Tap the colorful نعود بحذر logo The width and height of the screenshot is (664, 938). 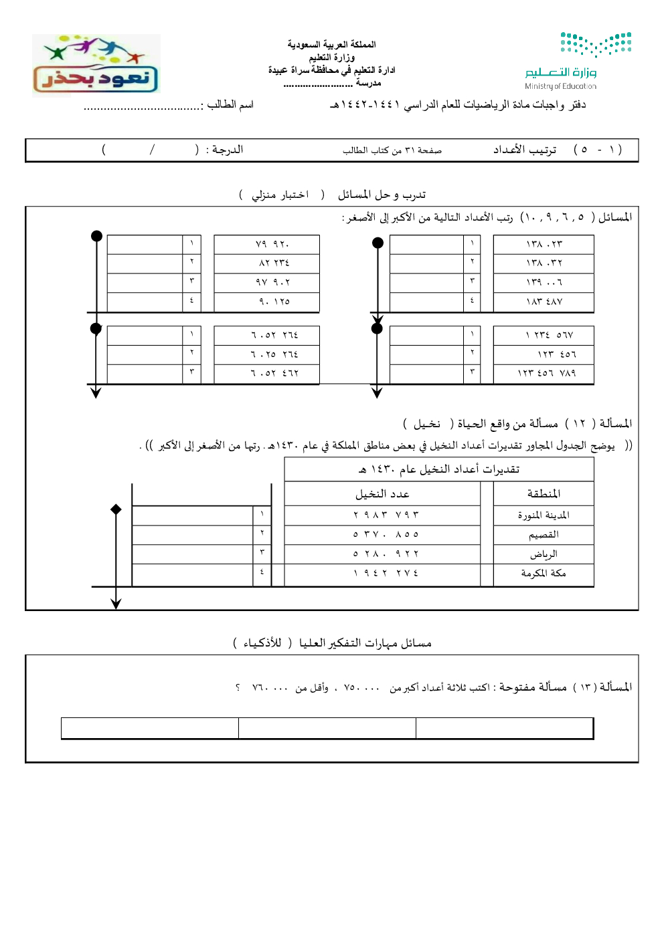coord(96,65)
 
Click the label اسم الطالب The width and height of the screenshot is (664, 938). coord(230,104)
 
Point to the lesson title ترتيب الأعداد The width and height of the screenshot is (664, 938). coord(525,150)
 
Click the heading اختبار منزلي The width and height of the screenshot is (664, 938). coord(280,195)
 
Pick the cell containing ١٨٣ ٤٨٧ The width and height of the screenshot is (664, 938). coord(544,302)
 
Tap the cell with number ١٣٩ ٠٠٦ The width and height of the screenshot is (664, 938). coord(544,283)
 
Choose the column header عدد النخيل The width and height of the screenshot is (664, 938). coord(382,494)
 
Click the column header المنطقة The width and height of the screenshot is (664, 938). coord(544,494)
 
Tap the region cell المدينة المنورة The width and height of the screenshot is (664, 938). coord(544,515)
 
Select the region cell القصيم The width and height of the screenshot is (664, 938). coord(544,535)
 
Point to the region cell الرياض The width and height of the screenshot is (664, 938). coord(544,554)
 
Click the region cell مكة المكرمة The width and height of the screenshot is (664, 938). coord(544,574)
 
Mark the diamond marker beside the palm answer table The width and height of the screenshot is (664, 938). coord(116,509)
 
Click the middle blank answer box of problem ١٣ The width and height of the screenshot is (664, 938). coord(327,728)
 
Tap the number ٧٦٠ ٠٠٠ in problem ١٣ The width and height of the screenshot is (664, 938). coord(270,688)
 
